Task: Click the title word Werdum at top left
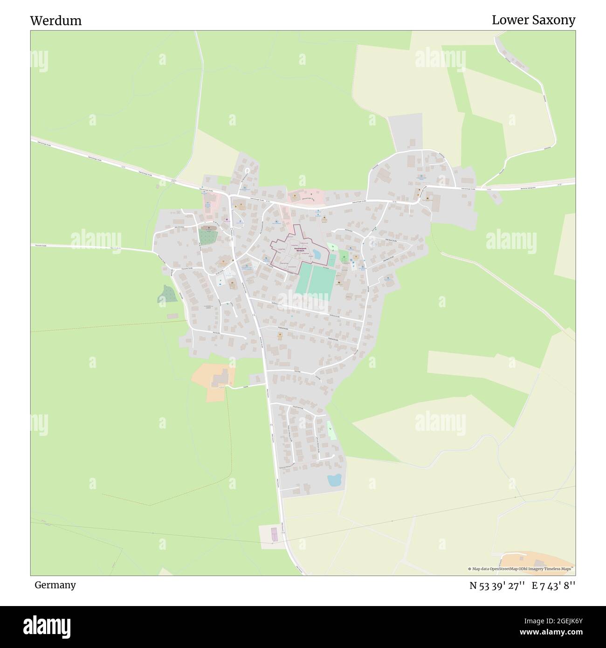tap(55, 21)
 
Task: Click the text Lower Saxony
tap(533, 20)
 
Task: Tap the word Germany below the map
tap(55, 585)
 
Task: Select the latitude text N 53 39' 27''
tap(497, 586)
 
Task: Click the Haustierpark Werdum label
tap(294, 250)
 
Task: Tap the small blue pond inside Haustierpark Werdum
tap(317, 254)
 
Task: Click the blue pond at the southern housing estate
tap(334, 480)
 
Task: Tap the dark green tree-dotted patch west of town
tap(167, 294)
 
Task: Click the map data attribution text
tap(520, 569)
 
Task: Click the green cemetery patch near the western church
tap(207, 237)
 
